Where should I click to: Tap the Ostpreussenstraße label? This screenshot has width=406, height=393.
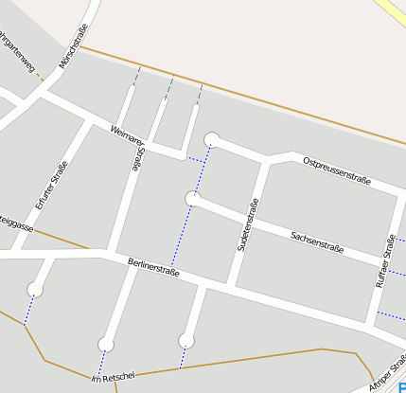tap(336, 170)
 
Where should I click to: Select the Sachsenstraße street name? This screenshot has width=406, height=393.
tap(317, 242)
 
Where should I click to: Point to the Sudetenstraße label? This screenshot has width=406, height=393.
tap(246, 227)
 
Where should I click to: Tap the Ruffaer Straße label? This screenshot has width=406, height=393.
tap(383, 261)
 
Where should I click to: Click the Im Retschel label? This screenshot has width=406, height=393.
tap(113, 378)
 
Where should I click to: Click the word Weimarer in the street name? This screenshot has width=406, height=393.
tap(125, 134)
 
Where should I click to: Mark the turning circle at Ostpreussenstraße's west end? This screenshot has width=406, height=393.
tap(212, 139)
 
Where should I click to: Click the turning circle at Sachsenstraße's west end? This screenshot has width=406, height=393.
tap(192, 198)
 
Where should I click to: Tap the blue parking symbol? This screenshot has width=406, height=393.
tap(401, 384)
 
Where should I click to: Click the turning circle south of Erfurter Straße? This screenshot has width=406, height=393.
tap(36, 289)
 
